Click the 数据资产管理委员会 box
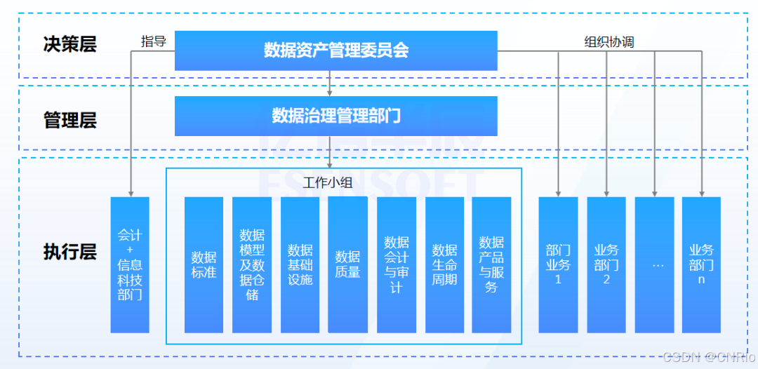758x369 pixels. pyautogui.click(x=335, y=51)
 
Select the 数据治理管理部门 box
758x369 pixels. pyautogui.click(x=335, y=116)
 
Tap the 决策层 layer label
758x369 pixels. pyautogui.click(x=69, y=45)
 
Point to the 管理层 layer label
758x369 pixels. pyautogui.click(x=69, y=120)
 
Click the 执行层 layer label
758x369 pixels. pyautogui.click(x=69, y=251)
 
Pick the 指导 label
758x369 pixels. pyautogui.click(x=153, y=41)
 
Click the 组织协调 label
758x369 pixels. pyautogui.click(x=609, y=42)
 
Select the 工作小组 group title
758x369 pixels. pyautogui.click(x=328, y=184)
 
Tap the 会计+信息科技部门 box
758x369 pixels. pyautogui.click(x=130, y=264)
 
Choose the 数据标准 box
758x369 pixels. pyautogui.click(x=204, y=264)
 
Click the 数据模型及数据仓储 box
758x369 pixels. pyautogui.click(x=252, y=264)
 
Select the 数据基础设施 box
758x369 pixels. pyautogui.click(x=300, y=264)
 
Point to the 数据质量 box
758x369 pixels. pyautogui.click(x=347, y=264)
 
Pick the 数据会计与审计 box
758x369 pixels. pyautogui.click(x=397, y=264)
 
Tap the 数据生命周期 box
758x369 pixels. pyautogui.click(x=444, y=264)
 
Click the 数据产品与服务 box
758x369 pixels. pyautogui.click(x=491, y=264)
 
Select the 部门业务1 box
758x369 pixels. pyautogui.click(x=558, y=264)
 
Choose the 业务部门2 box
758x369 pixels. pyautogui.click(x=606, y=264)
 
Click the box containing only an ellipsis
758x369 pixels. pyautogui.click(x=655, y=264)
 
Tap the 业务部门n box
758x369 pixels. pyautogui.click(x=701, y=264)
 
